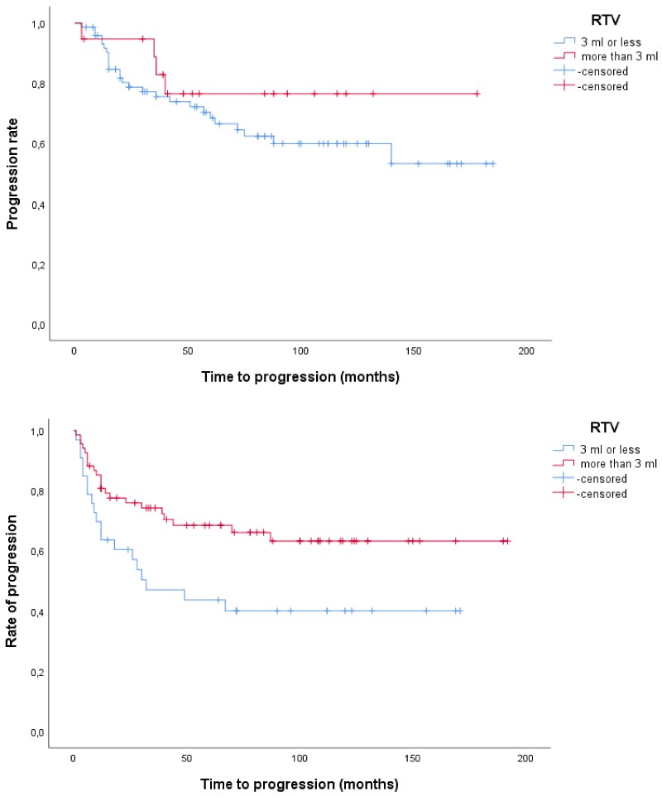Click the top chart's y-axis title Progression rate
coord(13,175)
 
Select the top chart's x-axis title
coord(300,377)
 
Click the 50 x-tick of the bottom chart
coord(187,759)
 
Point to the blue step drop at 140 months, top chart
coord(391,153)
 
